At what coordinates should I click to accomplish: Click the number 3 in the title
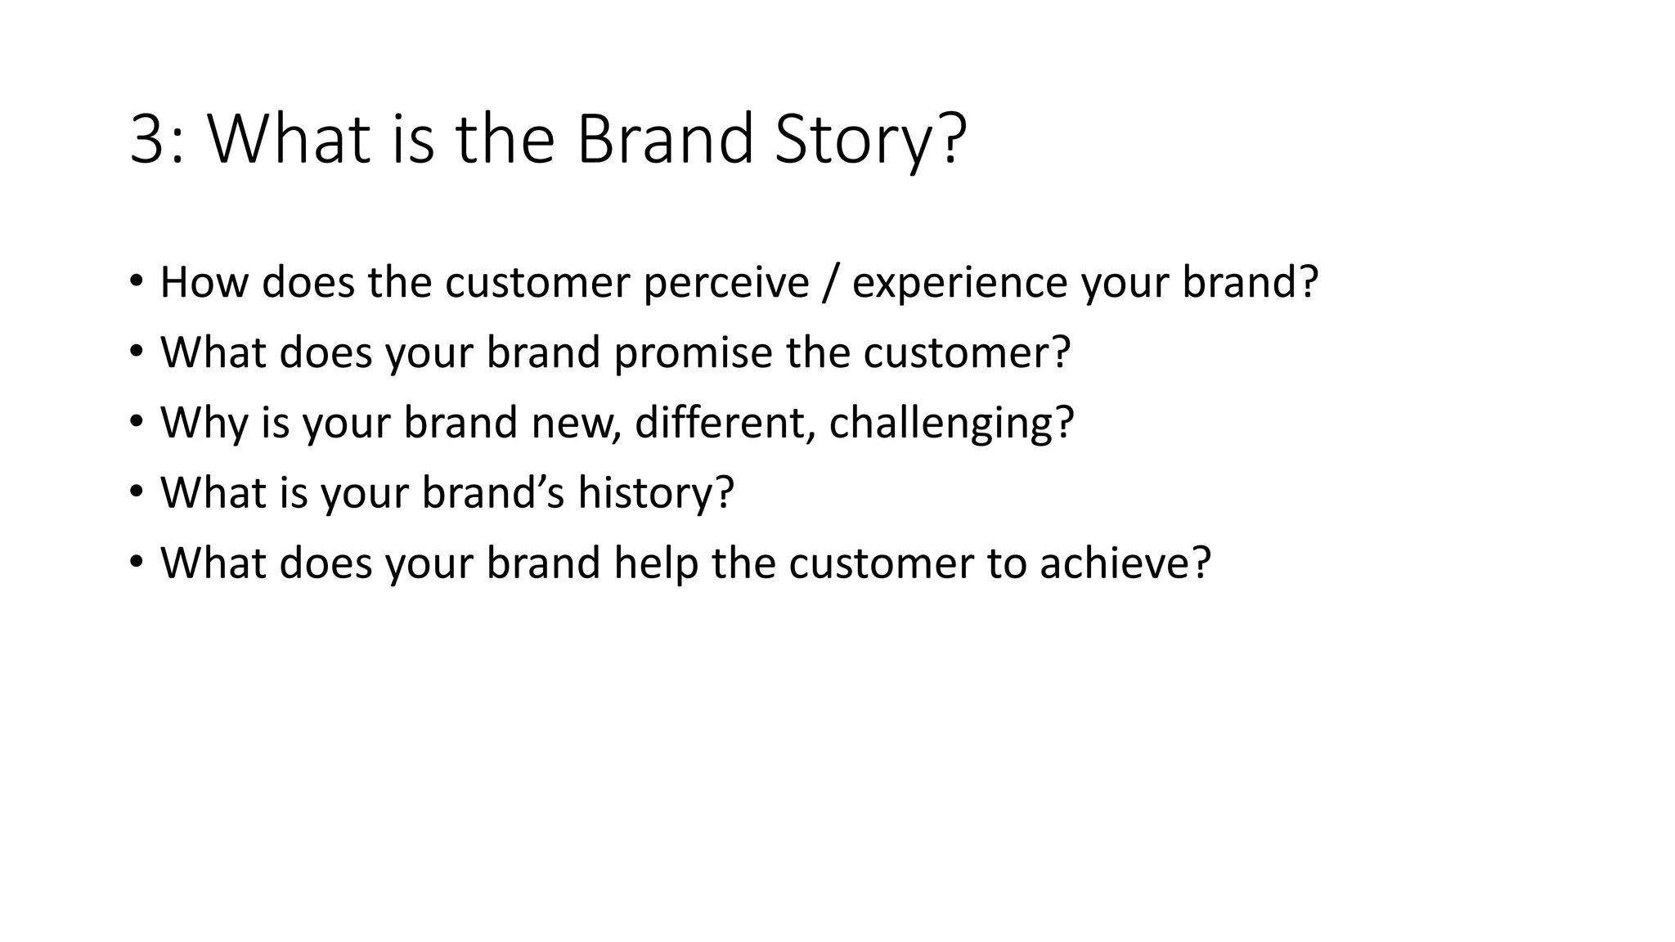(x=147, y=139)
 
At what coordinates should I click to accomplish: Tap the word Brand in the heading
(x=664, y=139)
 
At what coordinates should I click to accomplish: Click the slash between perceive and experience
(x=831, y=283)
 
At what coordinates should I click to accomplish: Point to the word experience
(x=959, y=283)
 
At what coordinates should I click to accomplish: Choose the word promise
(x=693, y=353)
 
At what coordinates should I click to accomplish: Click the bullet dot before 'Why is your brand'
(x=136, y=423)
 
